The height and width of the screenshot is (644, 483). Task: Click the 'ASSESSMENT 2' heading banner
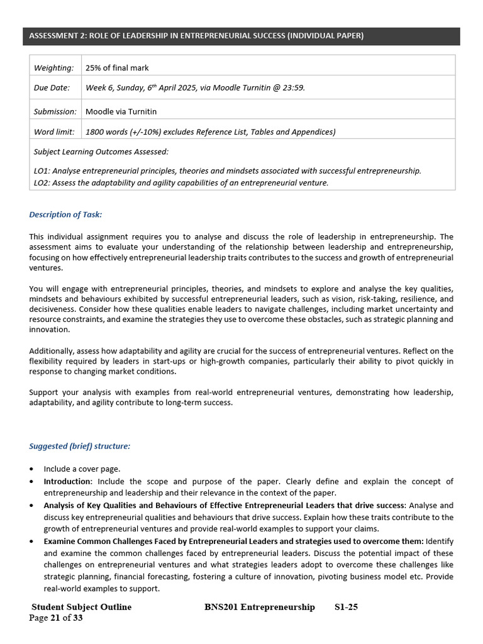(x=196, y=36)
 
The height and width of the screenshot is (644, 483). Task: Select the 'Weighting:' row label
(x=53, y=67)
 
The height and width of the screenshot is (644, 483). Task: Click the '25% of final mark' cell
(x=117, y=67)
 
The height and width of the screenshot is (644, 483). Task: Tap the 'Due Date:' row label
(x=52, y=88)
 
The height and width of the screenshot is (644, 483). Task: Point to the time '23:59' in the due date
(x=293, y=88)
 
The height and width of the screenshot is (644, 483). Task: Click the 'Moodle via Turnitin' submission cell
(x=121, y=111)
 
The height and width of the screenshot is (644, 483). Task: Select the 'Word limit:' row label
(x=54, y=131)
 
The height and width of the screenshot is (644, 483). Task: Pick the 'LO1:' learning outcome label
(x=42, y=171)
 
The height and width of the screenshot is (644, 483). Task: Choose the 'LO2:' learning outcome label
(x=42, y=183)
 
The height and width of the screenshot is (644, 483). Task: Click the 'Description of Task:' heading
(x=65, y=214)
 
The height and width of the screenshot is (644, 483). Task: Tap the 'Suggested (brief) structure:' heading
(x=80, y=446)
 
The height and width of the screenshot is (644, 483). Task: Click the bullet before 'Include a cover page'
(x=32, y=469)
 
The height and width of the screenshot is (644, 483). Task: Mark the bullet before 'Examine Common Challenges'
(x=32, y=541)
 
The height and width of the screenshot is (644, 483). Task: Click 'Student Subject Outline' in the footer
(x=82, y=607)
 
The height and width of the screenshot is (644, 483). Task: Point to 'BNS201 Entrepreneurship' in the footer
(x=260, y=607)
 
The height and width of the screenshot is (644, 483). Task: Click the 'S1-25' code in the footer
(x=346, y=607)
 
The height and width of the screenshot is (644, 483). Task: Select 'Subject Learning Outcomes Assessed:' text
(x=101, y=152)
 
